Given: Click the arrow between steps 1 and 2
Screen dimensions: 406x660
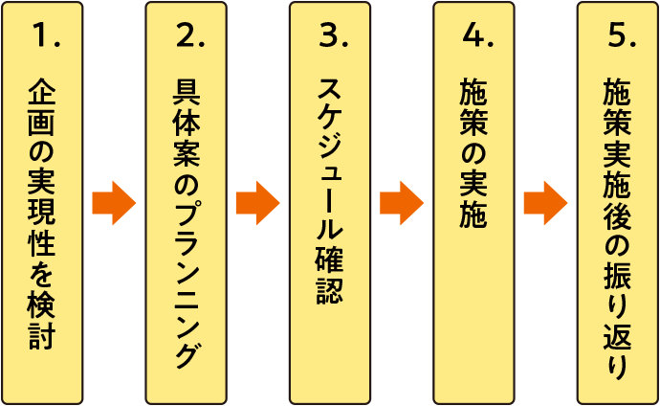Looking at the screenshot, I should tap(114, 203).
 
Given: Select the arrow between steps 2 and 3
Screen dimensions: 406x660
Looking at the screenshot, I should tap(257, 203).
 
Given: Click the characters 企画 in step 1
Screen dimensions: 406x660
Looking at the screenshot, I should tap(42, 109).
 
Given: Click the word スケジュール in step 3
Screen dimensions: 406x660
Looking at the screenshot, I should tap(330, 163).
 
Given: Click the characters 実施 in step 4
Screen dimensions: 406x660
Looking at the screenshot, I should tap(473, 201).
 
